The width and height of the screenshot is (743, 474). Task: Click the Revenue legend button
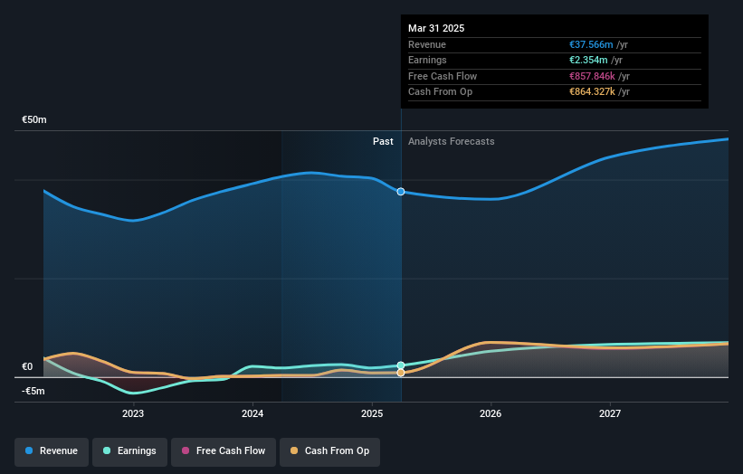click(x=52, y=450)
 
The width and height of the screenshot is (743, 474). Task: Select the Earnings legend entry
click(x=129, y=450)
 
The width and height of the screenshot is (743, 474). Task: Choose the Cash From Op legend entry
click(x=329, y=450)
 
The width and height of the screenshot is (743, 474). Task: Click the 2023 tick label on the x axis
click(x=133, y=414)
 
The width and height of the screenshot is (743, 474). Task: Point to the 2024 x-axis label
click(x=252, y=414)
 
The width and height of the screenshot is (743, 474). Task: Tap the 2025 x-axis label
click(x=372, y=414)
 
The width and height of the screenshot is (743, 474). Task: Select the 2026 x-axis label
click(x=491, y=414)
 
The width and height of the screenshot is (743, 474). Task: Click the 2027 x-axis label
click(x=610, y=414)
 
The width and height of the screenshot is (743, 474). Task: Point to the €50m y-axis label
click(x=34, y=119)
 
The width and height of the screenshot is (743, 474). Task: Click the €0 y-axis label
click(x=27, y=366)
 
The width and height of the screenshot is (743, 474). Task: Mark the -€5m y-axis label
click(x=33, y=391)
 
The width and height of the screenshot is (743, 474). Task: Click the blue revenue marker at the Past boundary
click(x=401, y=192)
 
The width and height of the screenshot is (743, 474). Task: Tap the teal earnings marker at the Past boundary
click(x=401, y=365)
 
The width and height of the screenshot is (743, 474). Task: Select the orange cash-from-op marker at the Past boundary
click(x=401, y=373)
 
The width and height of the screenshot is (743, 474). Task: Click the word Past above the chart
click(x=383, y=141)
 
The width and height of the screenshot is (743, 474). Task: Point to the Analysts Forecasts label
click(x=452, y=141)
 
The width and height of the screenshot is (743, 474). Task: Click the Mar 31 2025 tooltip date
click(x=436, y=28)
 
